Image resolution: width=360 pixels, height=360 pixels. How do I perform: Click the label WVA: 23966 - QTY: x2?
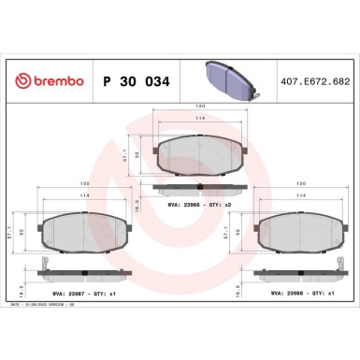[x=207, y=204]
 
